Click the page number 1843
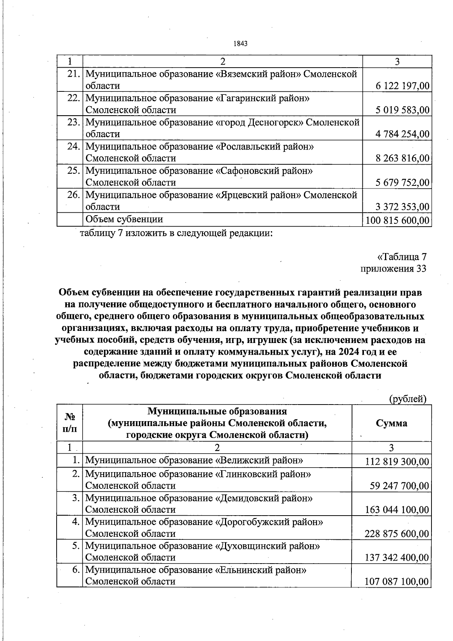coord(240,43)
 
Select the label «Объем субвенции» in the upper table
coord(124,219)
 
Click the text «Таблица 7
coord(402,257)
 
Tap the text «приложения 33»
coord(393,269)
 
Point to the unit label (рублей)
coord(408,399)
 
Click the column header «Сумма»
coord(391,423)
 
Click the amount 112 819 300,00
coord(397,462)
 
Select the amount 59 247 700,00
coord(399,486)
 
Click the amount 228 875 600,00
coord(397,534)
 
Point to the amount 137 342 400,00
coord(397,558)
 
